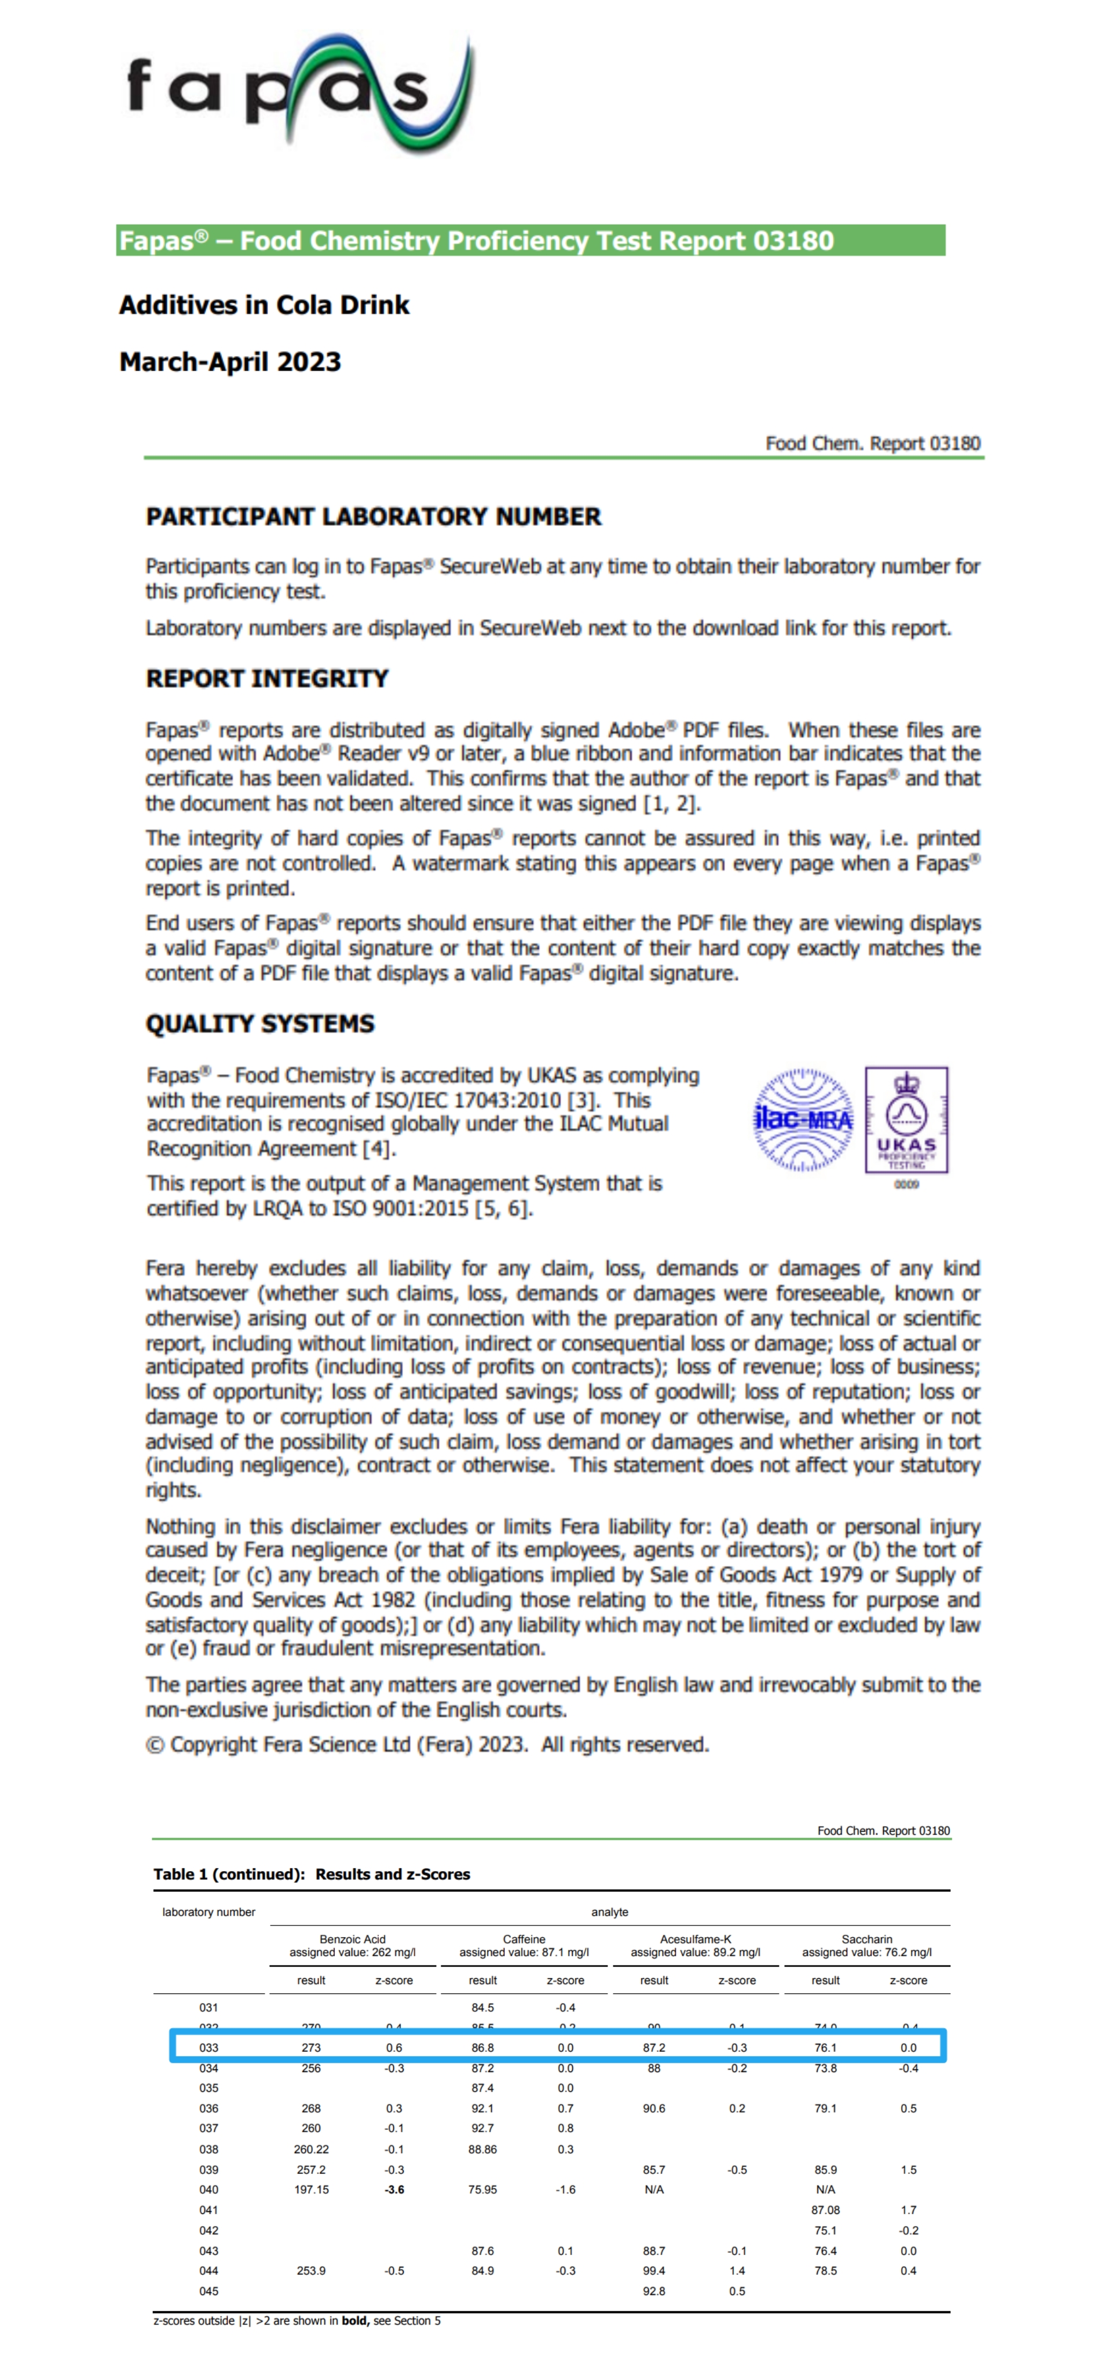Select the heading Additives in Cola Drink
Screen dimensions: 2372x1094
264,305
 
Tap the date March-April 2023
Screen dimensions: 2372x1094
230,362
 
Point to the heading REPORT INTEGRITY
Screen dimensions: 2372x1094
267,679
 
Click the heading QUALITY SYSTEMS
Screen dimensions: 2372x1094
259,1024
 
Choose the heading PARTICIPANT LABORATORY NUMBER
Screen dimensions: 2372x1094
373,517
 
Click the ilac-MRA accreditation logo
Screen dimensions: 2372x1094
803,1120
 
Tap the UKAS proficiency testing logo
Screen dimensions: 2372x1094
906,1121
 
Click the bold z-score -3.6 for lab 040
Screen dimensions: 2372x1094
394,2190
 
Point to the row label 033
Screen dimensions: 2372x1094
209,2048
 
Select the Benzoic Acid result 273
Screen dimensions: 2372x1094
311,2048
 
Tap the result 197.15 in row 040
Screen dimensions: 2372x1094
311,2190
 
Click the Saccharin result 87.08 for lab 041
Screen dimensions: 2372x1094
825,2210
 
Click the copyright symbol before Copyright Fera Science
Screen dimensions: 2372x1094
155,1745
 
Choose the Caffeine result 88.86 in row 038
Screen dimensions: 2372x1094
482,2149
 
